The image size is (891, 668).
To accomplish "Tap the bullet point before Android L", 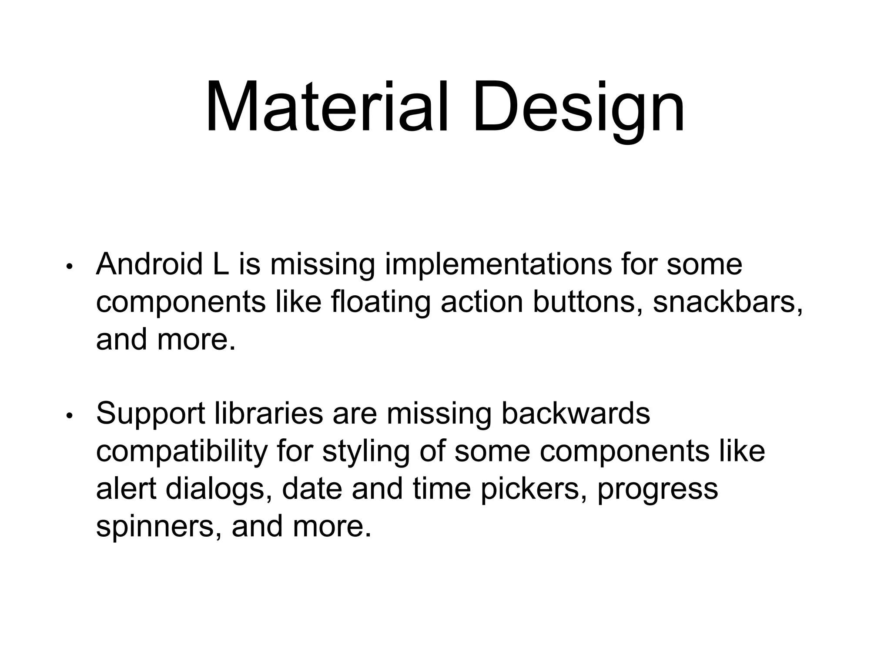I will [x=68, y=267].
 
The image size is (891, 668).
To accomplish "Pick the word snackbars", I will [x=727, y=302].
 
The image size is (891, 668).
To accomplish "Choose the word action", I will [x=482, y=302].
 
